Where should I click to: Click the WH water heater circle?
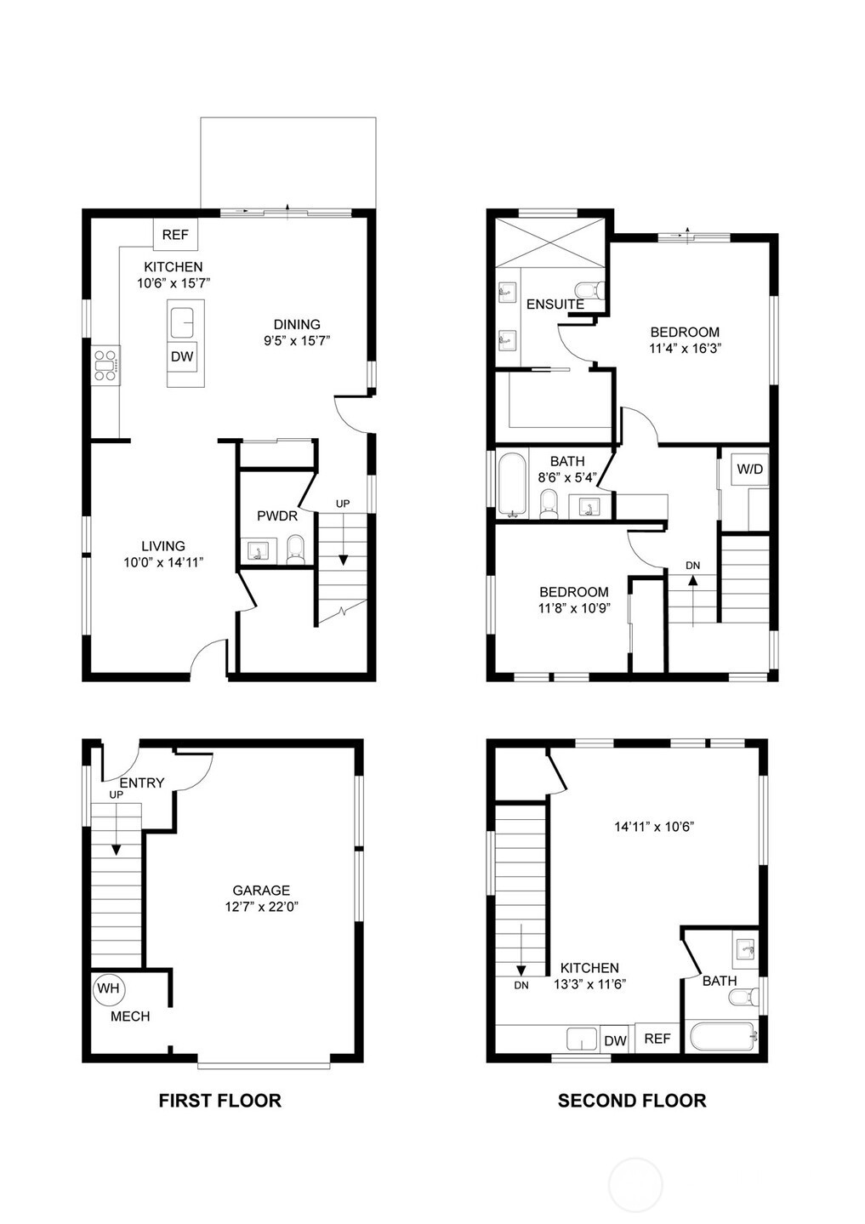tap(108, 988)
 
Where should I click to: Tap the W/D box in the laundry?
tap(749, 469)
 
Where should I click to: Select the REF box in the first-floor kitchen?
tap(175, 235)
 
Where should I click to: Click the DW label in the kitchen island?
tap(182, 356)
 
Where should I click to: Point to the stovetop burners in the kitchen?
tap(105, 366)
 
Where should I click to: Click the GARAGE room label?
tap(261, 890)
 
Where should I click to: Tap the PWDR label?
tap(277, 515)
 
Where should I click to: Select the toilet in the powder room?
tap(295, 549)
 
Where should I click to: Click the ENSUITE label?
tap(555, 305)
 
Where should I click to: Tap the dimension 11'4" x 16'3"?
tap(686, 349)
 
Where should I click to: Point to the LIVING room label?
tap(162, 546)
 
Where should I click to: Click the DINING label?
tap(297, 325)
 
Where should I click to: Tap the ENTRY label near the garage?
tap(142, 783)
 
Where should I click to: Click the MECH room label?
tap(130, 1016)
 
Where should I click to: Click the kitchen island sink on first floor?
tap(182, 323)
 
